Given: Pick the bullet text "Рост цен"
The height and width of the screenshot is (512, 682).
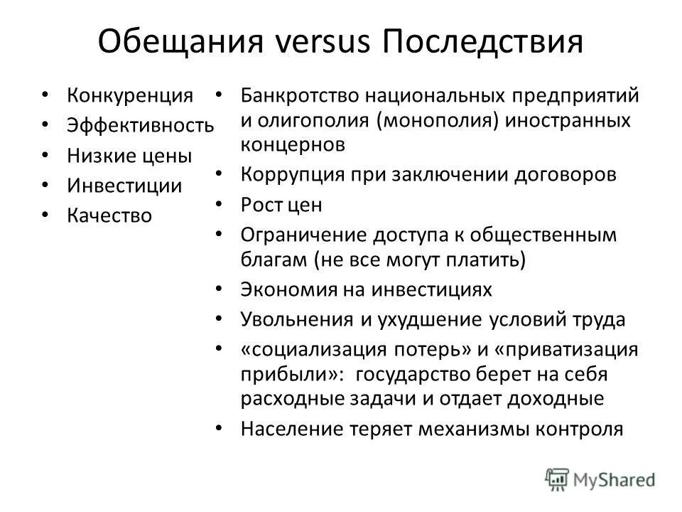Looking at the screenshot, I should (281, 206).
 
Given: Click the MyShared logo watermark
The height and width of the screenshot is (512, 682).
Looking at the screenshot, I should (600, 479).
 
